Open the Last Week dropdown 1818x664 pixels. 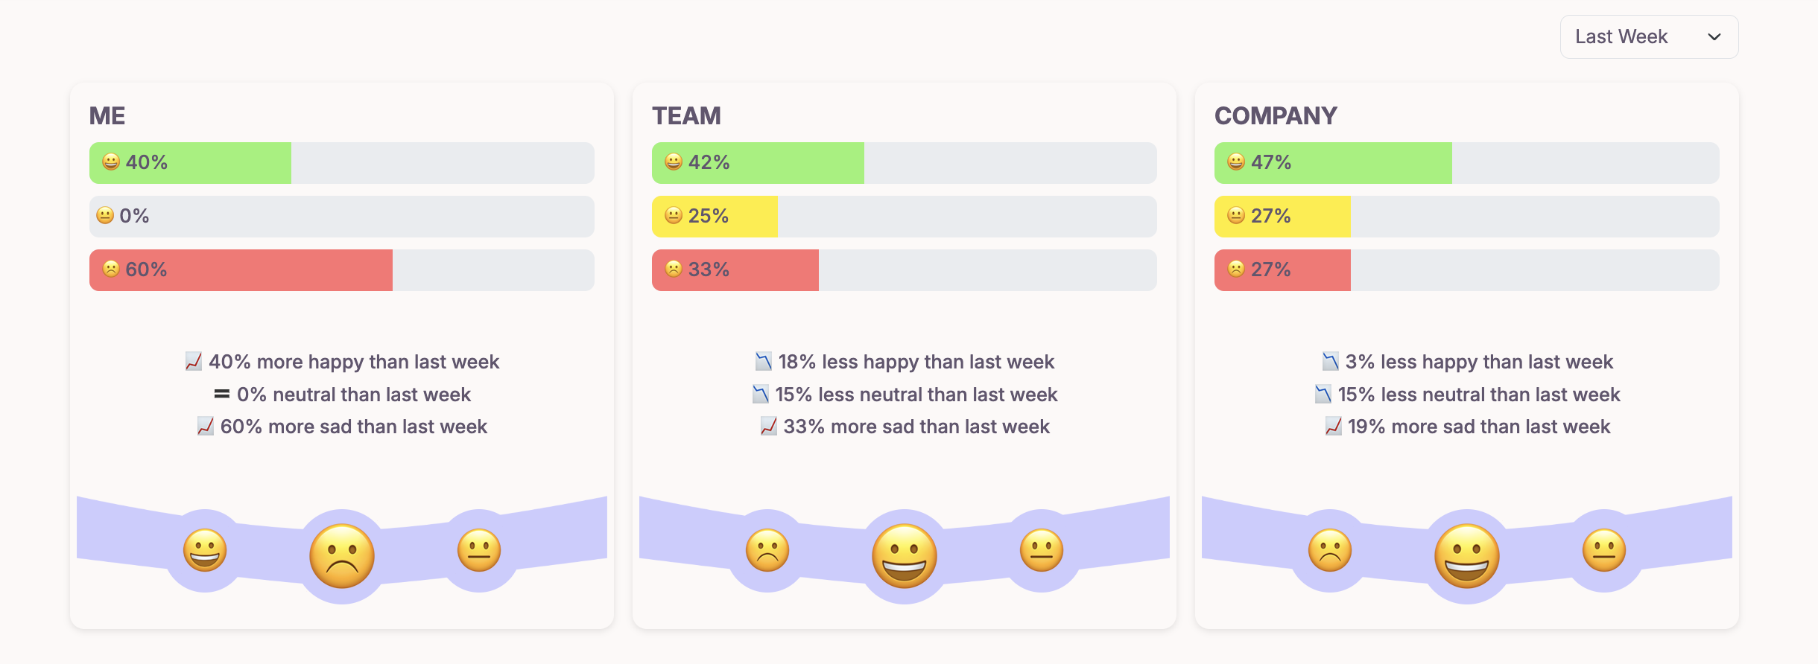coord(1648,37)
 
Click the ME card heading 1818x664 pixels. coord(107,116)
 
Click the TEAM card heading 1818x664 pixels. coord(686,116)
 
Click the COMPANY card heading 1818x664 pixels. coord(1276,116)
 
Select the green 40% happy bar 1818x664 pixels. coord(190,163)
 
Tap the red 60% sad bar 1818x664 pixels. coord(241,270)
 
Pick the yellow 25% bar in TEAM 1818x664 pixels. coord(714,217)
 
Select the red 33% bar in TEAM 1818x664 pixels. coord(735,270)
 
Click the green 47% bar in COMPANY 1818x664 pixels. coord(1332,163)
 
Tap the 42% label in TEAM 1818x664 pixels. coord(709,163)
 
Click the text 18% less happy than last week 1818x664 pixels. coord(916,363)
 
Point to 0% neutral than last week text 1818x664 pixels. coord(353,395)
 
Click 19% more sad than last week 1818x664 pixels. coord(1478,427)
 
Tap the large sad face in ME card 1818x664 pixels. coord(342,556)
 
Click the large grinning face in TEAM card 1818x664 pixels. coord(905,556)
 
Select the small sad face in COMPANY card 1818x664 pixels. coord(1330,551)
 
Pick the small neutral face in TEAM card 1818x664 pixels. coord(1042,551)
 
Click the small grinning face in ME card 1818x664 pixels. coord(205,551)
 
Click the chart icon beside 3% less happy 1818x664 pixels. coord(1330,362)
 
